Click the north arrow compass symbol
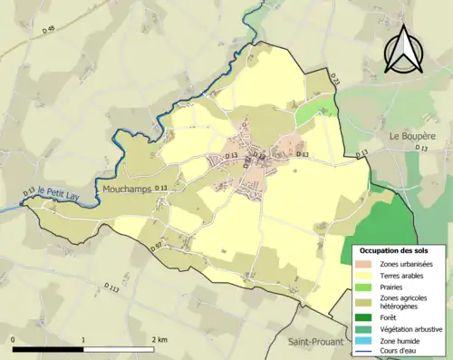click(x=401, y=49)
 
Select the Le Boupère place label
click(x=412, y=135)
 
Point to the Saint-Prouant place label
click(x=315, y=342)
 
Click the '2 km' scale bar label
click(x=159, y=339)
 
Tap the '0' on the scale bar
click(x=14, y=339)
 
